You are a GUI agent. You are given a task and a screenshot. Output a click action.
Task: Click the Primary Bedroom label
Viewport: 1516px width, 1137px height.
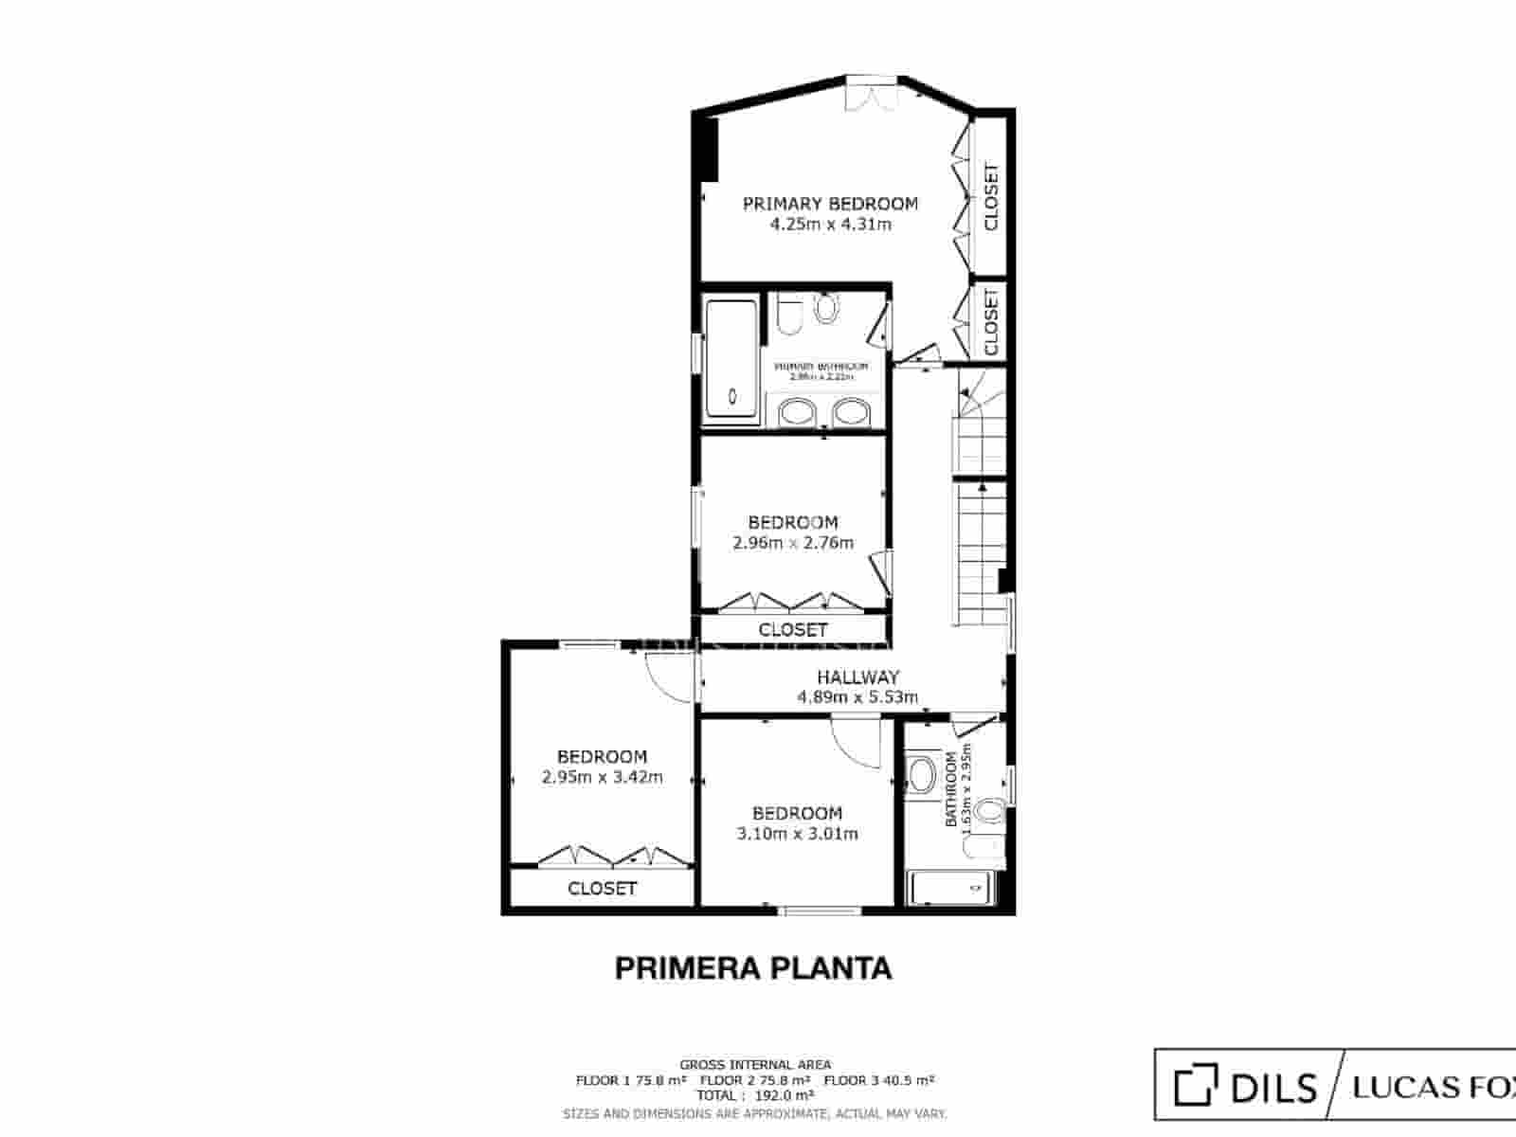[x=830, y=204]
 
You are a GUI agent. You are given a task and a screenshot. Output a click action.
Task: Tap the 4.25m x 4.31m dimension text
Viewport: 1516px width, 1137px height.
[x=830, y=225]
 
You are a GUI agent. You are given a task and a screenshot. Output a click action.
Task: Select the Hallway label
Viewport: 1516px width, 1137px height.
[x=857, y=677]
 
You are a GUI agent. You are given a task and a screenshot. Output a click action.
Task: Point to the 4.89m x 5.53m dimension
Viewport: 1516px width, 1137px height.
[x=857, y=698]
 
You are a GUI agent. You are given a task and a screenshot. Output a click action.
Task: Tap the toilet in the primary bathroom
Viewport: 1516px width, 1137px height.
[x=826, y=308]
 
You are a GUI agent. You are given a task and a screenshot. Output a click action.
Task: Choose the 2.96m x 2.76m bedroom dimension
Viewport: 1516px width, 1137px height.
[x=793, y=543]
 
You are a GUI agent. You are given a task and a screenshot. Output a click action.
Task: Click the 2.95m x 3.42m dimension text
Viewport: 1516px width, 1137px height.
[x=602, y=778]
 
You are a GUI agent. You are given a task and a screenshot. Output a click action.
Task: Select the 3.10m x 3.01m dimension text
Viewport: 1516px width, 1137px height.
[x=797, y=834]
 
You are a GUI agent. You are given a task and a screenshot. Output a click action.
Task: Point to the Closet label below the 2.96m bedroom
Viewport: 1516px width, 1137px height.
[x=793, y=629]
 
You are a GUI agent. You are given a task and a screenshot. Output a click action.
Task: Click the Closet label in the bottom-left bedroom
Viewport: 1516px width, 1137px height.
[x=602, y=889]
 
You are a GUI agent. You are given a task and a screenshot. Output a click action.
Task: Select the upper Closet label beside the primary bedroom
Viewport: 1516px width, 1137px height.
[x=991, y=197]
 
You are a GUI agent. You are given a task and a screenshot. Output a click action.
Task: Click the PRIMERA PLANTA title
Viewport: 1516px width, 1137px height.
[x=753, y=968]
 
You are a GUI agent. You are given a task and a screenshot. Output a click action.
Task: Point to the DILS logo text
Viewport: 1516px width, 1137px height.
[x=1272, y=1086]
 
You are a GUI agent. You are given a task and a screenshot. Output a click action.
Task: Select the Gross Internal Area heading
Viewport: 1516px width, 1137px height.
[x=755, y=1065]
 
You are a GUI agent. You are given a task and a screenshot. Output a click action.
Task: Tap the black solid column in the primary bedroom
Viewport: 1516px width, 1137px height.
[x=706, y=147]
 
